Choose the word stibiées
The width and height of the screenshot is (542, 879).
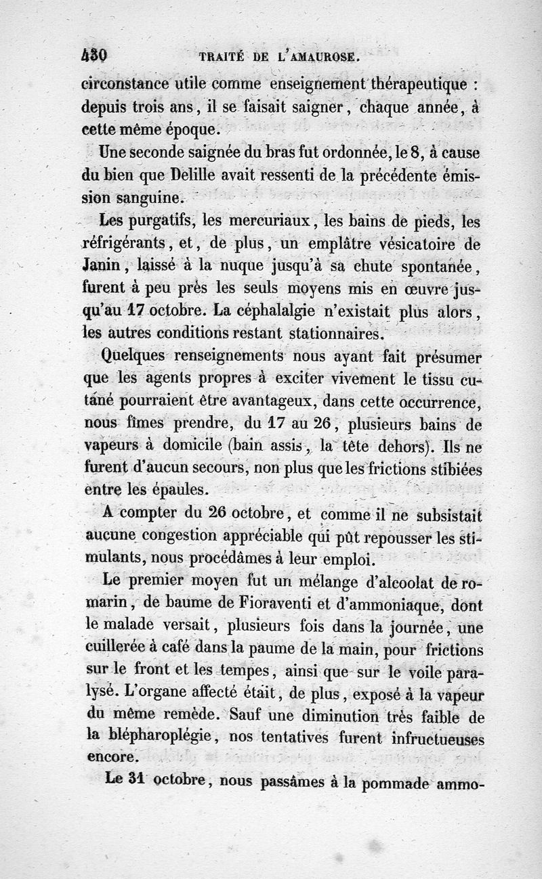pos(443,470)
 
